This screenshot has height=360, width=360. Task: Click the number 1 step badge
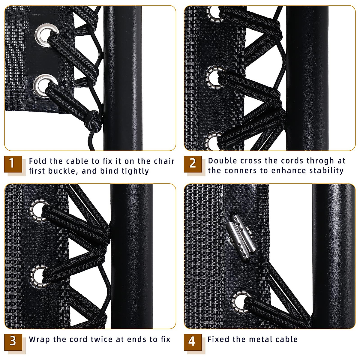13,164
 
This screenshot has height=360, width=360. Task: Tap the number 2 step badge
192,164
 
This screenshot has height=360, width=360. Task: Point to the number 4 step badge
192,342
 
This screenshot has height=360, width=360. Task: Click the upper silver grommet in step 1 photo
46,35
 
